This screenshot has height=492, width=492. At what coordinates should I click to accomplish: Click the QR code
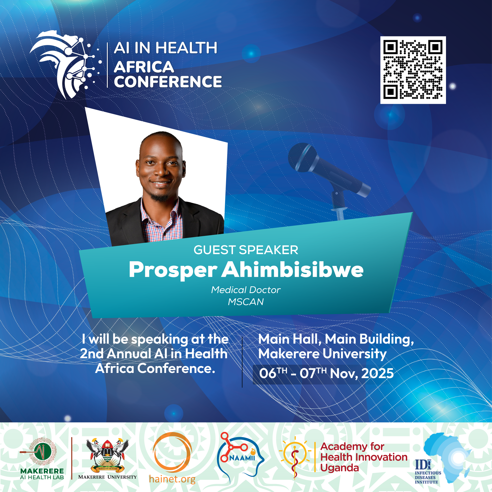(413, 70)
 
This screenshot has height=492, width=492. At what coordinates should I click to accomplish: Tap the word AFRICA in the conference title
(144, 67)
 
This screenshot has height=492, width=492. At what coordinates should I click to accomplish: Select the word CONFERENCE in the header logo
(168, 82)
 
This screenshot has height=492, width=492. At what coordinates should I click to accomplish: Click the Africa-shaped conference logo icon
(65, 64)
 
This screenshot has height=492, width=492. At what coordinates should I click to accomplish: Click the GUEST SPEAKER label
(246, 250)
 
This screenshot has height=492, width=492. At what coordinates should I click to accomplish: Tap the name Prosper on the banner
(173, 270)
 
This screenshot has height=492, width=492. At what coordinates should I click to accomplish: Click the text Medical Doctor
(246, 290)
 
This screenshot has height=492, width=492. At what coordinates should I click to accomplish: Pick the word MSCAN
(246, 302)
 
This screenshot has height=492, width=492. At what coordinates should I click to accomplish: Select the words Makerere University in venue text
(323, 354)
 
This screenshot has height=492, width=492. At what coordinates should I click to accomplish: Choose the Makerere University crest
(107, 456)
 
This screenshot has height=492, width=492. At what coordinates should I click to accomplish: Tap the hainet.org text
(172, 479)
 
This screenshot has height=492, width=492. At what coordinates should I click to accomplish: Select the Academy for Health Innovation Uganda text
(364, 457)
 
